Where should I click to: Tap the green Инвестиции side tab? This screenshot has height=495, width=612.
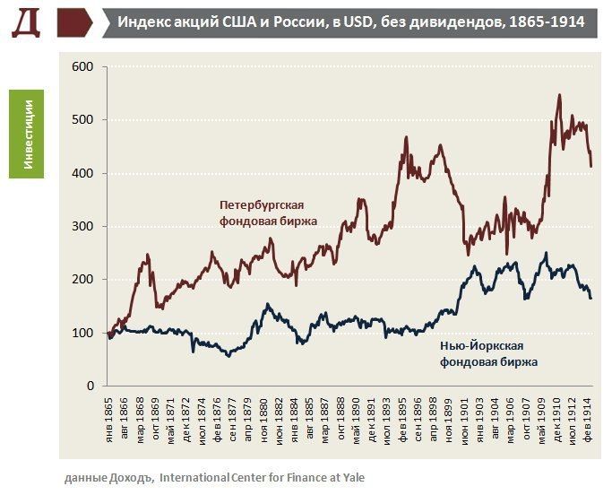(27, 133)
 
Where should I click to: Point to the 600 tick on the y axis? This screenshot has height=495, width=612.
(82, 67)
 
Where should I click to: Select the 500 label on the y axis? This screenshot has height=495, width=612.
(82, 120)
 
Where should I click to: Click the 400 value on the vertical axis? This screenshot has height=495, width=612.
(82, 173)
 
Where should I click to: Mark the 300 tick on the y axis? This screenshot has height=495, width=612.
(82, 226)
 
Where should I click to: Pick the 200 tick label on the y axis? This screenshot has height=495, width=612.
(82, 280)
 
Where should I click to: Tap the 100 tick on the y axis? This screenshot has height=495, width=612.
(82, 333)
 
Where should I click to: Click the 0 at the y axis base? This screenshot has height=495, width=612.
(90, 386)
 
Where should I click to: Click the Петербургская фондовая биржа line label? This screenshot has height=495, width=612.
(269, 213)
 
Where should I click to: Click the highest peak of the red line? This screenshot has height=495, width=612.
(559, 94)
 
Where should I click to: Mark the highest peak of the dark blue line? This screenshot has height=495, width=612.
(545, 254)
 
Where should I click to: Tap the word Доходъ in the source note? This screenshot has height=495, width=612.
(134, 478)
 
